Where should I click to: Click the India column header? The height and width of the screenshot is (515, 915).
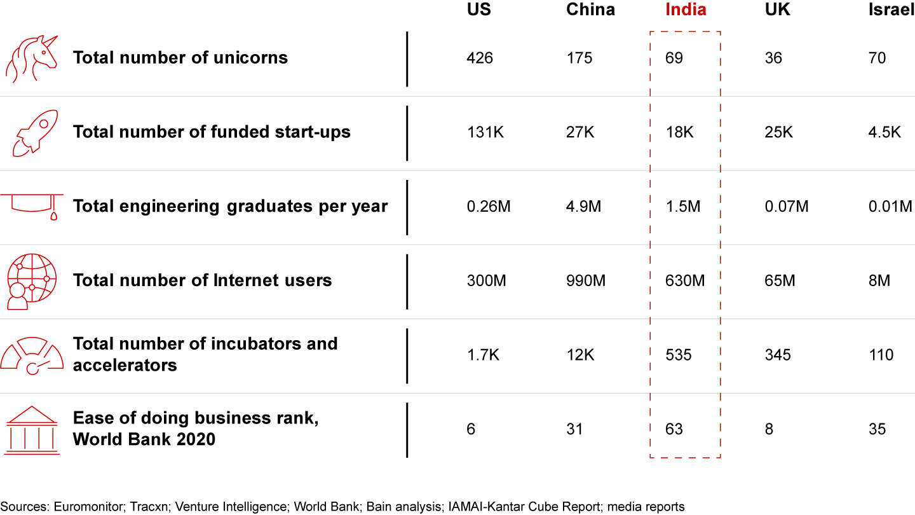686,10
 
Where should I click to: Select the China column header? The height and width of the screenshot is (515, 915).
590,10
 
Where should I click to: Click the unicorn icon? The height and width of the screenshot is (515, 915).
31,58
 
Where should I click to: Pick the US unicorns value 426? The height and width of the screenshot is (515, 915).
479,58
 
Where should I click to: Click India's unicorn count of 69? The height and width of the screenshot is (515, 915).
674,58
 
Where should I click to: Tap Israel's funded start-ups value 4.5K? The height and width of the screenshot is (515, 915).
884,132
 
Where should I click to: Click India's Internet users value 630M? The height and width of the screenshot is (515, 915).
685,280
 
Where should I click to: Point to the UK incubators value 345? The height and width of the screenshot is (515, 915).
778,355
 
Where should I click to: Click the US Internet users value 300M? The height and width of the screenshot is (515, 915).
486,280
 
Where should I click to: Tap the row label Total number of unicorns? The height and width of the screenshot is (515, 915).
180,58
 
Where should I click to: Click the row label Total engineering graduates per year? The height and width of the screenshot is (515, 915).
230,206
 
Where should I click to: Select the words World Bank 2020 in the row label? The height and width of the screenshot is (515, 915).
144,439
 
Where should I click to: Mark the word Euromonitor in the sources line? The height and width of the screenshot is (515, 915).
90,507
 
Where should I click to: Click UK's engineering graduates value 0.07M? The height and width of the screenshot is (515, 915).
787,207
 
